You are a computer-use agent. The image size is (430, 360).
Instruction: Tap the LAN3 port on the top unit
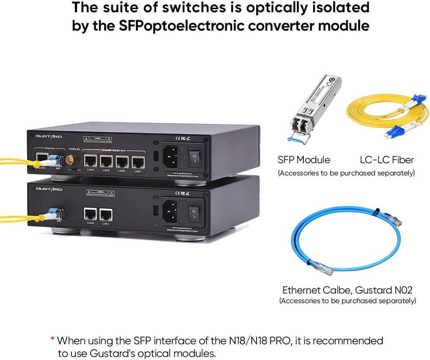tap(106, 161)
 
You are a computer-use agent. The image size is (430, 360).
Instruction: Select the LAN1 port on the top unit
tap(138, 162)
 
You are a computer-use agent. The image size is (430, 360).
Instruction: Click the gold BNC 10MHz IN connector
tap(70, 161)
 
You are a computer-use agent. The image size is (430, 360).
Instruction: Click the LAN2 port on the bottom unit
tap(91, 214)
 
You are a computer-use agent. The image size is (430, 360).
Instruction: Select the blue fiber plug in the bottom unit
tap(56, 213)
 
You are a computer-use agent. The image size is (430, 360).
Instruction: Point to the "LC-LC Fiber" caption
tap(387, 160)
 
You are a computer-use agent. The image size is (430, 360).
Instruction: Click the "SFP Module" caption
tap(304, 160)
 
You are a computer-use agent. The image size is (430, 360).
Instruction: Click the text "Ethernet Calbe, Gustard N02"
tap(347, 290)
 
